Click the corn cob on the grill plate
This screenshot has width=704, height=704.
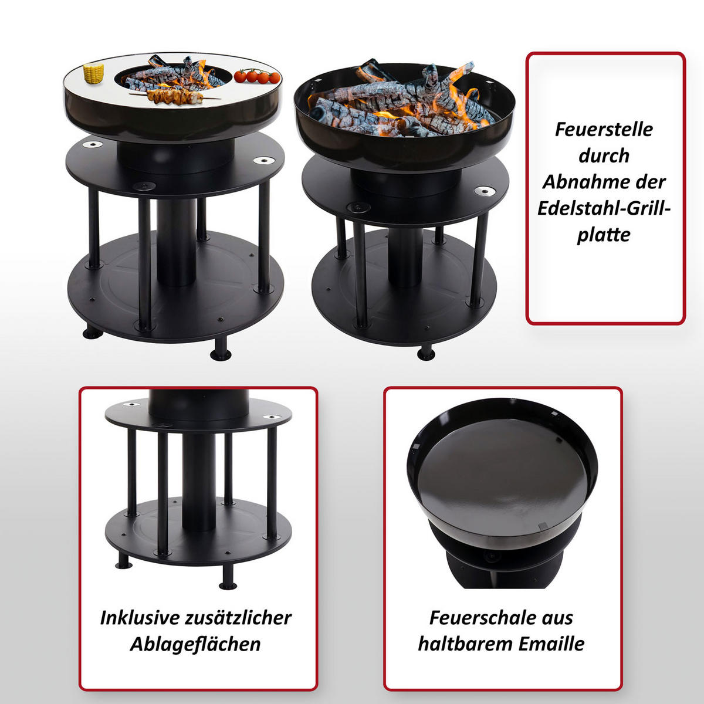[x=93, y=73]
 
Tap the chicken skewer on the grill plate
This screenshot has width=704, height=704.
[x=176, y=96]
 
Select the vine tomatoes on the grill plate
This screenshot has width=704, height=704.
[x=257, y=76]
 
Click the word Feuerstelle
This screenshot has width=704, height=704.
[x=604, y=130]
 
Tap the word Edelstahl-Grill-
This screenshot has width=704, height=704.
[x=604, y=209]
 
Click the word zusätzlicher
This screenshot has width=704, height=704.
[x=238, y=618]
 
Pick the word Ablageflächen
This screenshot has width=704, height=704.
[x=195, y=644]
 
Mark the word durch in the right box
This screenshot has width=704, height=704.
[x=604, y=156]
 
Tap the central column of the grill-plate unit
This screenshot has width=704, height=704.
[x=177, y=242]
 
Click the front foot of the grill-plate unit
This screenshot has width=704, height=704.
[x=221, y=350]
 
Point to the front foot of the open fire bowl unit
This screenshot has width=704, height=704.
[x=426, y=353]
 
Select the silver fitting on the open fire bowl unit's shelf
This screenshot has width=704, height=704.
[x=485, y=191]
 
